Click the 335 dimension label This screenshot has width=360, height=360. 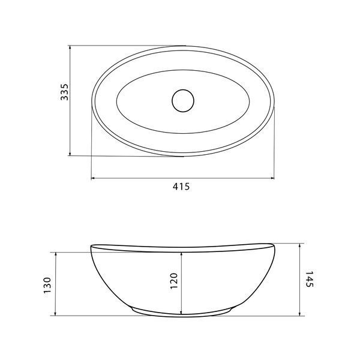(65, 92)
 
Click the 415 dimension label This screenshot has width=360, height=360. (181, 187)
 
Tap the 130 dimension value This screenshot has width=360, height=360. (47, 286)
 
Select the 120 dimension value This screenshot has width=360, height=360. (174, 281)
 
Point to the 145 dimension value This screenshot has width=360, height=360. (310, 279)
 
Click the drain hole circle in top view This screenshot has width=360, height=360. (183, 101)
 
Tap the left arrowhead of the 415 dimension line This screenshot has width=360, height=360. (93, 178)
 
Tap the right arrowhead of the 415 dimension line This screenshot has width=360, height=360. (273, 178)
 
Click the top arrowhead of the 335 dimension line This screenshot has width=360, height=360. (70, 47)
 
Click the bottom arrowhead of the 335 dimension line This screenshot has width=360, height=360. (70, 154)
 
